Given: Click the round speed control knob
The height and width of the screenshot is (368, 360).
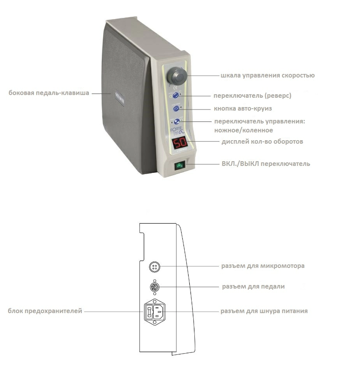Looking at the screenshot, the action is pos(177,76).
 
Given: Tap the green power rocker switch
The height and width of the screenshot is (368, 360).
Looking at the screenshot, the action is pos(180,166).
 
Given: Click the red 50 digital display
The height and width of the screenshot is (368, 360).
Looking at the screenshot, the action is pos(180,143).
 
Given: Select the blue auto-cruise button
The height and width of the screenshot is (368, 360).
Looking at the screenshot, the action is pos(176,108).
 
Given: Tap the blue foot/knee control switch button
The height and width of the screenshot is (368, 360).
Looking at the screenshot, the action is pos(176,121).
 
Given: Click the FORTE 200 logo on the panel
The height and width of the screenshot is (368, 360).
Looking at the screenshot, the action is pos(178,131).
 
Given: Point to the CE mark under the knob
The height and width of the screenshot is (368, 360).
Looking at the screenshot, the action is pos(175,88).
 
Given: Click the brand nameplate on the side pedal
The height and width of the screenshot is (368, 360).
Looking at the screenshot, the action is pos(120,99).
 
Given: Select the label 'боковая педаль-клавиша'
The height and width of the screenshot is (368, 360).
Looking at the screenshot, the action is pos(49,93).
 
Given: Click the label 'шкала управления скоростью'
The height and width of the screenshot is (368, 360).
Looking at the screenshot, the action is pos(268,76).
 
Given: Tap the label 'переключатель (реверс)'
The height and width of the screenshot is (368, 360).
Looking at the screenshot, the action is pos(252,96).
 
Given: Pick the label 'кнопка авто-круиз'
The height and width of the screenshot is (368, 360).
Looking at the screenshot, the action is pos(243,108).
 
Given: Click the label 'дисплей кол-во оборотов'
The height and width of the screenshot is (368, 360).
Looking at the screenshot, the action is pos(262,141).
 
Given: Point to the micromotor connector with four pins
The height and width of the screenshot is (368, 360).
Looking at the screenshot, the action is pos(155,267).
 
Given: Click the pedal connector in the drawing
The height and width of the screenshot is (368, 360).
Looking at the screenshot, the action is pos(155,287).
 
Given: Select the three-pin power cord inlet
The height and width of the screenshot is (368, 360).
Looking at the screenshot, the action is pos(159,312).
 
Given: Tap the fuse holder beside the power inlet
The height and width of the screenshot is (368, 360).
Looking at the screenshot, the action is pos(149,312).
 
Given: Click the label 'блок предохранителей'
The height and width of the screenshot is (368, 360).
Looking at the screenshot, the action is pos(45,311).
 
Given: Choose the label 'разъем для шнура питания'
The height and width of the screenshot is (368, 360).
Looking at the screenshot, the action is pos(264,311).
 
